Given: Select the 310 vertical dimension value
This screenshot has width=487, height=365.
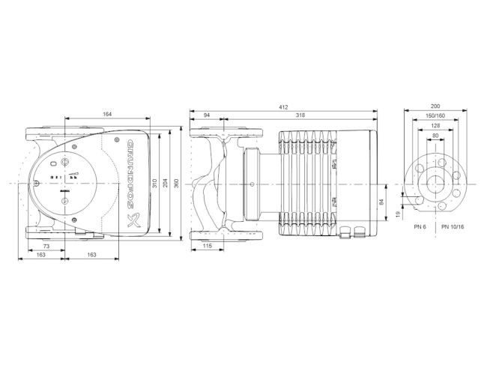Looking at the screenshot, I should [155, 183].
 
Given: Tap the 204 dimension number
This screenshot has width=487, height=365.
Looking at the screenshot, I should [165, 183].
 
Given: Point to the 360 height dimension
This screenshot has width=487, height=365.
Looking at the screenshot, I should [176, 183].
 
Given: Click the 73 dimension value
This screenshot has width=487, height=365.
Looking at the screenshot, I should [46, 246].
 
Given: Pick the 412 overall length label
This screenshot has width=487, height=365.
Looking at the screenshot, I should [283, 107].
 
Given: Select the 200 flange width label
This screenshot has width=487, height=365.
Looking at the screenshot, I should [436, 107].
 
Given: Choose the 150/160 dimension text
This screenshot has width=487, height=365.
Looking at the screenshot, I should [436, 116].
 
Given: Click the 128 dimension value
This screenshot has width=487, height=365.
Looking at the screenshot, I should [436, 125].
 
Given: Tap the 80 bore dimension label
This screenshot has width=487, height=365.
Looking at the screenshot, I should [436, 135].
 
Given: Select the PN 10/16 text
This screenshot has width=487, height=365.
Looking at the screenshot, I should [452, 226].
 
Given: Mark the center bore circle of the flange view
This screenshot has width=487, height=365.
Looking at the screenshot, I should [436, 183].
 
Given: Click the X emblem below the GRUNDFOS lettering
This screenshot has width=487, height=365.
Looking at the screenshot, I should [133, 220].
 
